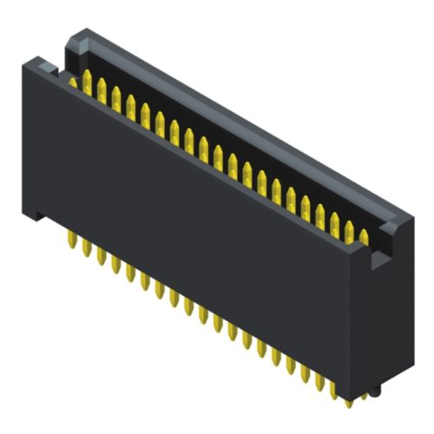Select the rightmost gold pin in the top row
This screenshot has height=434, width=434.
[x=364, y=235]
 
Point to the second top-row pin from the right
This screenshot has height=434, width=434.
[x=349, y=228]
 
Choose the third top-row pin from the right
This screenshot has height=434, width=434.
[x=334, y=220]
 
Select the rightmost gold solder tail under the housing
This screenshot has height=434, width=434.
[x=348, y=396]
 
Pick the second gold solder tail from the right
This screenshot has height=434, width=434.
[x=333, y=388]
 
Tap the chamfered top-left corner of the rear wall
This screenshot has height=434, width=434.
[x=76, y=36]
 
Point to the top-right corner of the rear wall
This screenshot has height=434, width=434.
[x=408, y=217]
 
